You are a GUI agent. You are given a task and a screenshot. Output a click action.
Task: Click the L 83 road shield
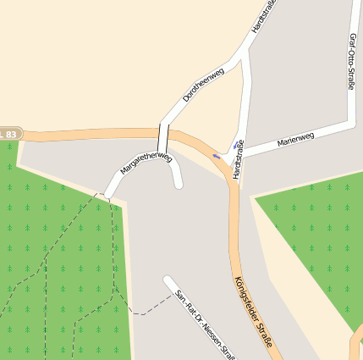pos(8,135)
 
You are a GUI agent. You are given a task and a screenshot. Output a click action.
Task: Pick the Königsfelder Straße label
pos(253,313)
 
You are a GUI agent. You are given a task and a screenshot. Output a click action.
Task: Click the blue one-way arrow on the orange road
pos(217,157)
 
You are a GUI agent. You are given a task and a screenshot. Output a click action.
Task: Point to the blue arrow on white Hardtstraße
pos(235,146)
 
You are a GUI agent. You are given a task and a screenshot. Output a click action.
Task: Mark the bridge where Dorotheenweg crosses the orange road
pos(164,136)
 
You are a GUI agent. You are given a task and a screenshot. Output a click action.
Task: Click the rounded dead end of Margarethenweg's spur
pos(178,184)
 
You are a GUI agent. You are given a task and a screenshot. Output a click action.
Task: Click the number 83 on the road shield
pos(11,135)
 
